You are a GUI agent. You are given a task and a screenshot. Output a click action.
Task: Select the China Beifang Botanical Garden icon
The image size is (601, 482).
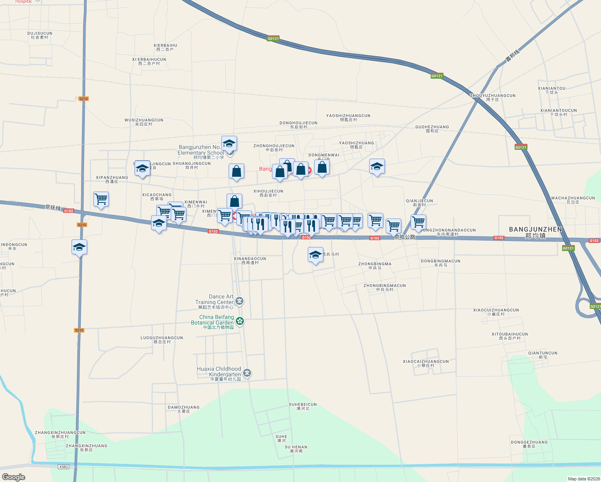(x=240, y=321)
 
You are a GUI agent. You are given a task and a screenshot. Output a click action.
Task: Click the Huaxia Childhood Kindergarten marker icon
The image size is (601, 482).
(x=247, y=373)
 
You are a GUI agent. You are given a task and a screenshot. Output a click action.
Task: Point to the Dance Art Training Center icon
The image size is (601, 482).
(x=240, y=301)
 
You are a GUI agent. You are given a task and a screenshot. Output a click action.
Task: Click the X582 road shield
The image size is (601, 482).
(x=63, y=467)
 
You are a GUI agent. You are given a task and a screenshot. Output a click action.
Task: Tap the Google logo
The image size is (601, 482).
(x=14, y=477)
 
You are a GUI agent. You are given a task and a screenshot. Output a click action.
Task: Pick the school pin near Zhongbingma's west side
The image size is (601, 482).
(x=315, y=255)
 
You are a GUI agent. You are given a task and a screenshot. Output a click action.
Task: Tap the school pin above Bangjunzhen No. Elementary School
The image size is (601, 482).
(x=229, y=143)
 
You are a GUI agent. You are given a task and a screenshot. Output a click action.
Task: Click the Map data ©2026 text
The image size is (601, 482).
(x=583, y=479)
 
